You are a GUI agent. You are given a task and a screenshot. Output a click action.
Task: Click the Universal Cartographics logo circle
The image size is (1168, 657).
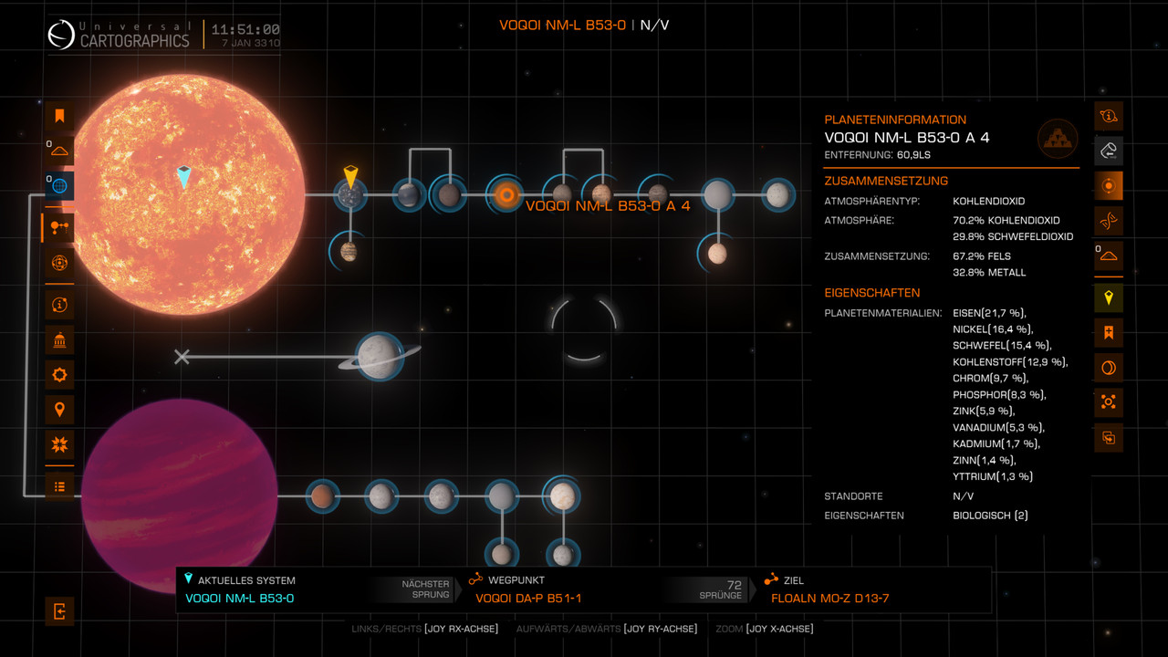(61, 36)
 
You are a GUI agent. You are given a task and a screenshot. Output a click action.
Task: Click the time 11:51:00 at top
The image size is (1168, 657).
(245, 30)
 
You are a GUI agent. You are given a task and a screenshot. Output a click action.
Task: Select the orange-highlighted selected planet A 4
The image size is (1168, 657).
(506, 193)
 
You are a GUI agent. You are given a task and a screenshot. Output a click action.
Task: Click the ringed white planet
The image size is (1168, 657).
(379, 356)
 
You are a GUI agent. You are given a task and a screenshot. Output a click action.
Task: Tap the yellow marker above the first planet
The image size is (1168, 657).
(350, 176)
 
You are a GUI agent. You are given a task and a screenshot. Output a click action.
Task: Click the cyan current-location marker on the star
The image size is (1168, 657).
(184, 177)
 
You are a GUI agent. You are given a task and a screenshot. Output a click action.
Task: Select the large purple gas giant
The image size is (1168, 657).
(179, 495)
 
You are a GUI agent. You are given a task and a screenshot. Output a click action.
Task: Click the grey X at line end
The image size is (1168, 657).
(182, 357)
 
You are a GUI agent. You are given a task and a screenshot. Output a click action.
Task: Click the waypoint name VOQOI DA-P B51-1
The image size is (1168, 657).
(528, 599)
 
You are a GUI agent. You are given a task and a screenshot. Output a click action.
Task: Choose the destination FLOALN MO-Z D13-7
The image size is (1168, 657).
(829, 599)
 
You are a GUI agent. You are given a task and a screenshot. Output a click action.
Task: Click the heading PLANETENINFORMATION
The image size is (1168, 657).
(894, 120)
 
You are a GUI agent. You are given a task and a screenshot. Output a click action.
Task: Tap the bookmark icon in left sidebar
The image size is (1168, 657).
(59, 116)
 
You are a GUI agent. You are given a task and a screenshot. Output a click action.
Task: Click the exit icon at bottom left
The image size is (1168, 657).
(59, 611)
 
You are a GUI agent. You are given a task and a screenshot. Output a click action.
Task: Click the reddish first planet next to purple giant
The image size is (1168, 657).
(321, 495)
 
